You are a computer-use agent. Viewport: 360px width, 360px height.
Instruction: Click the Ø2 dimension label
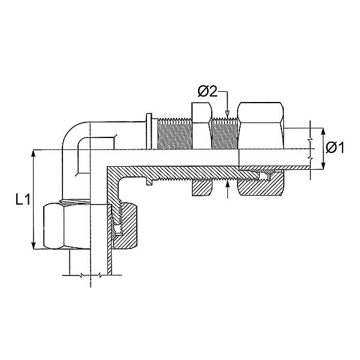pos(208,92)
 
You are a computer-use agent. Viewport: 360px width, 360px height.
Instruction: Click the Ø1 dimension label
pos(335,148)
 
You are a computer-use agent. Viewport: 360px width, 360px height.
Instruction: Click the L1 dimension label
pos(23,199)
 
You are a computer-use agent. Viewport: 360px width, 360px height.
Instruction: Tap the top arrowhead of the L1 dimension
pos(34,154)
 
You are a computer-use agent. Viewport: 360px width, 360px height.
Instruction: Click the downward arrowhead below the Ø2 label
pos(227,114)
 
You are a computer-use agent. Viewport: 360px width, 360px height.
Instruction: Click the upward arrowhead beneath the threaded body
pos(227,184)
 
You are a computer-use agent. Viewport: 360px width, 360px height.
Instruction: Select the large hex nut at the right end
pos(260,126)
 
